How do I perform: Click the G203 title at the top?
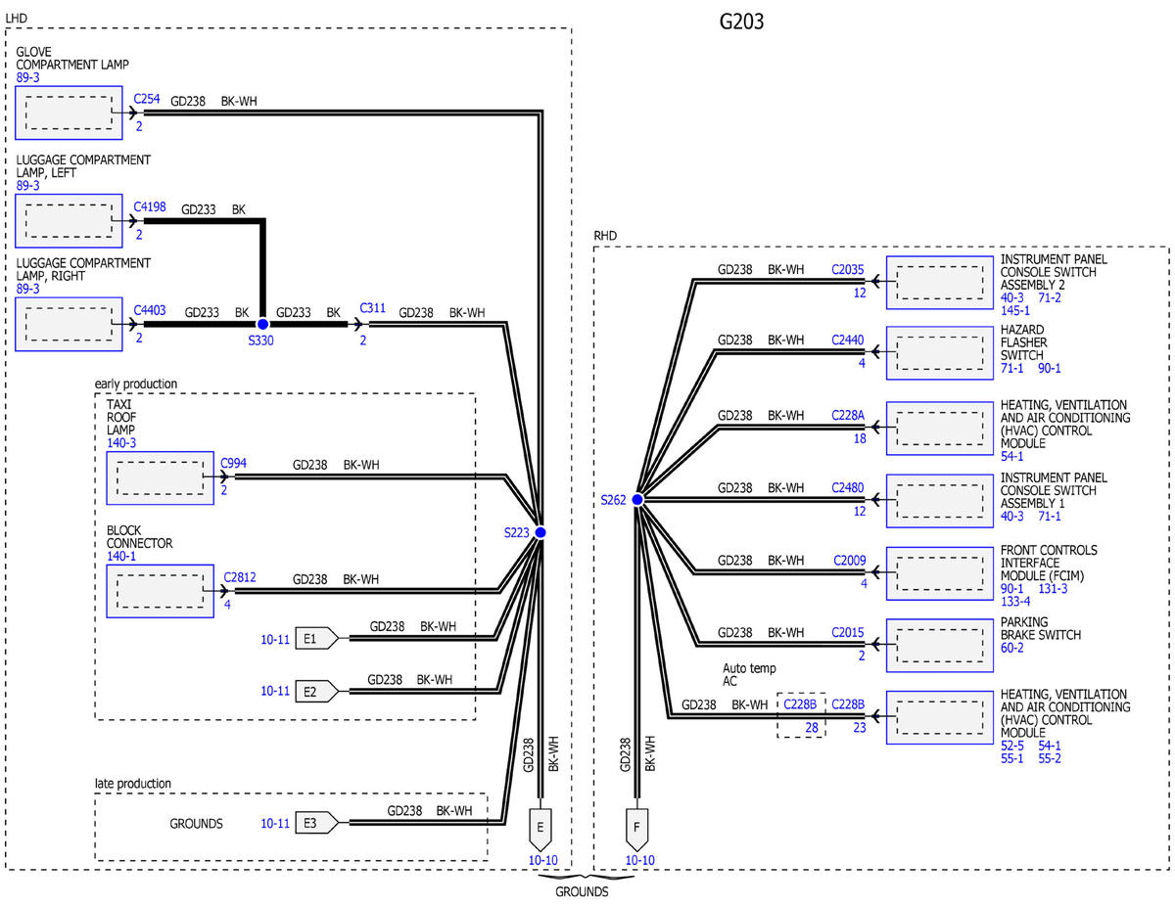click(x=741, y=22)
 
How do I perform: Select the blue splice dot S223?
click(x=540, y=532)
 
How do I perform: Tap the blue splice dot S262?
click(x=637, y=500)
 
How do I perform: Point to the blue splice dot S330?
click(x=262, y=324)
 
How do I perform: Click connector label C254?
click(x=147, y=99)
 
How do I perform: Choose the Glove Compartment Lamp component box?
click(x=69, y=113)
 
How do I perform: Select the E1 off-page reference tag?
click(x=317, y=639)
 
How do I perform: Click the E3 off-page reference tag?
click(x=317, y=823)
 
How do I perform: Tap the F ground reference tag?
click(x=636, y=829)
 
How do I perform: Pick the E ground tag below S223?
click(x=540, y=829)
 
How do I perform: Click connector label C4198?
click(x=150, y=206)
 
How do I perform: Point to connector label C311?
click(x=372, y=308)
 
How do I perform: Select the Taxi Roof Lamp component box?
click(x=160, y=478)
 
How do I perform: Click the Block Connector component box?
click(x=160, y=591)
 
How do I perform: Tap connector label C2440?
click(x=847, y=340)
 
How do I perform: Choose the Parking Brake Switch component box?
click(x=940, y=646)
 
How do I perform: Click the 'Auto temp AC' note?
click(x=749, y=675)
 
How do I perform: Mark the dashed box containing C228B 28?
click(x=801, y=715)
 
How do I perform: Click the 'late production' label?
click(x=133, y=784)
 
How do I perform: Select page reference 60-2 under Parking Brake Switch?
click(x=1011, y=648)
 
